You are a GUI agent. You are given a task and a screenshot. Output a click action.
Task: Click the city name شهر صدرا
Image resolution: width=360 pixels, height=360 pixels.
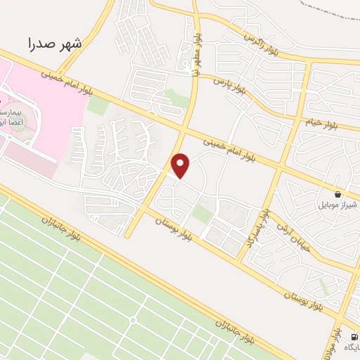pyautogui.click(x=55, y=44)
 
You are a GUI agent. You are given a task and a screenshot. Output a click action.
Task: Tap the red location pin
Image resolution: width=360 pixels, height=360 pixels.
pyautogui.click(x=181, y=165)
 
